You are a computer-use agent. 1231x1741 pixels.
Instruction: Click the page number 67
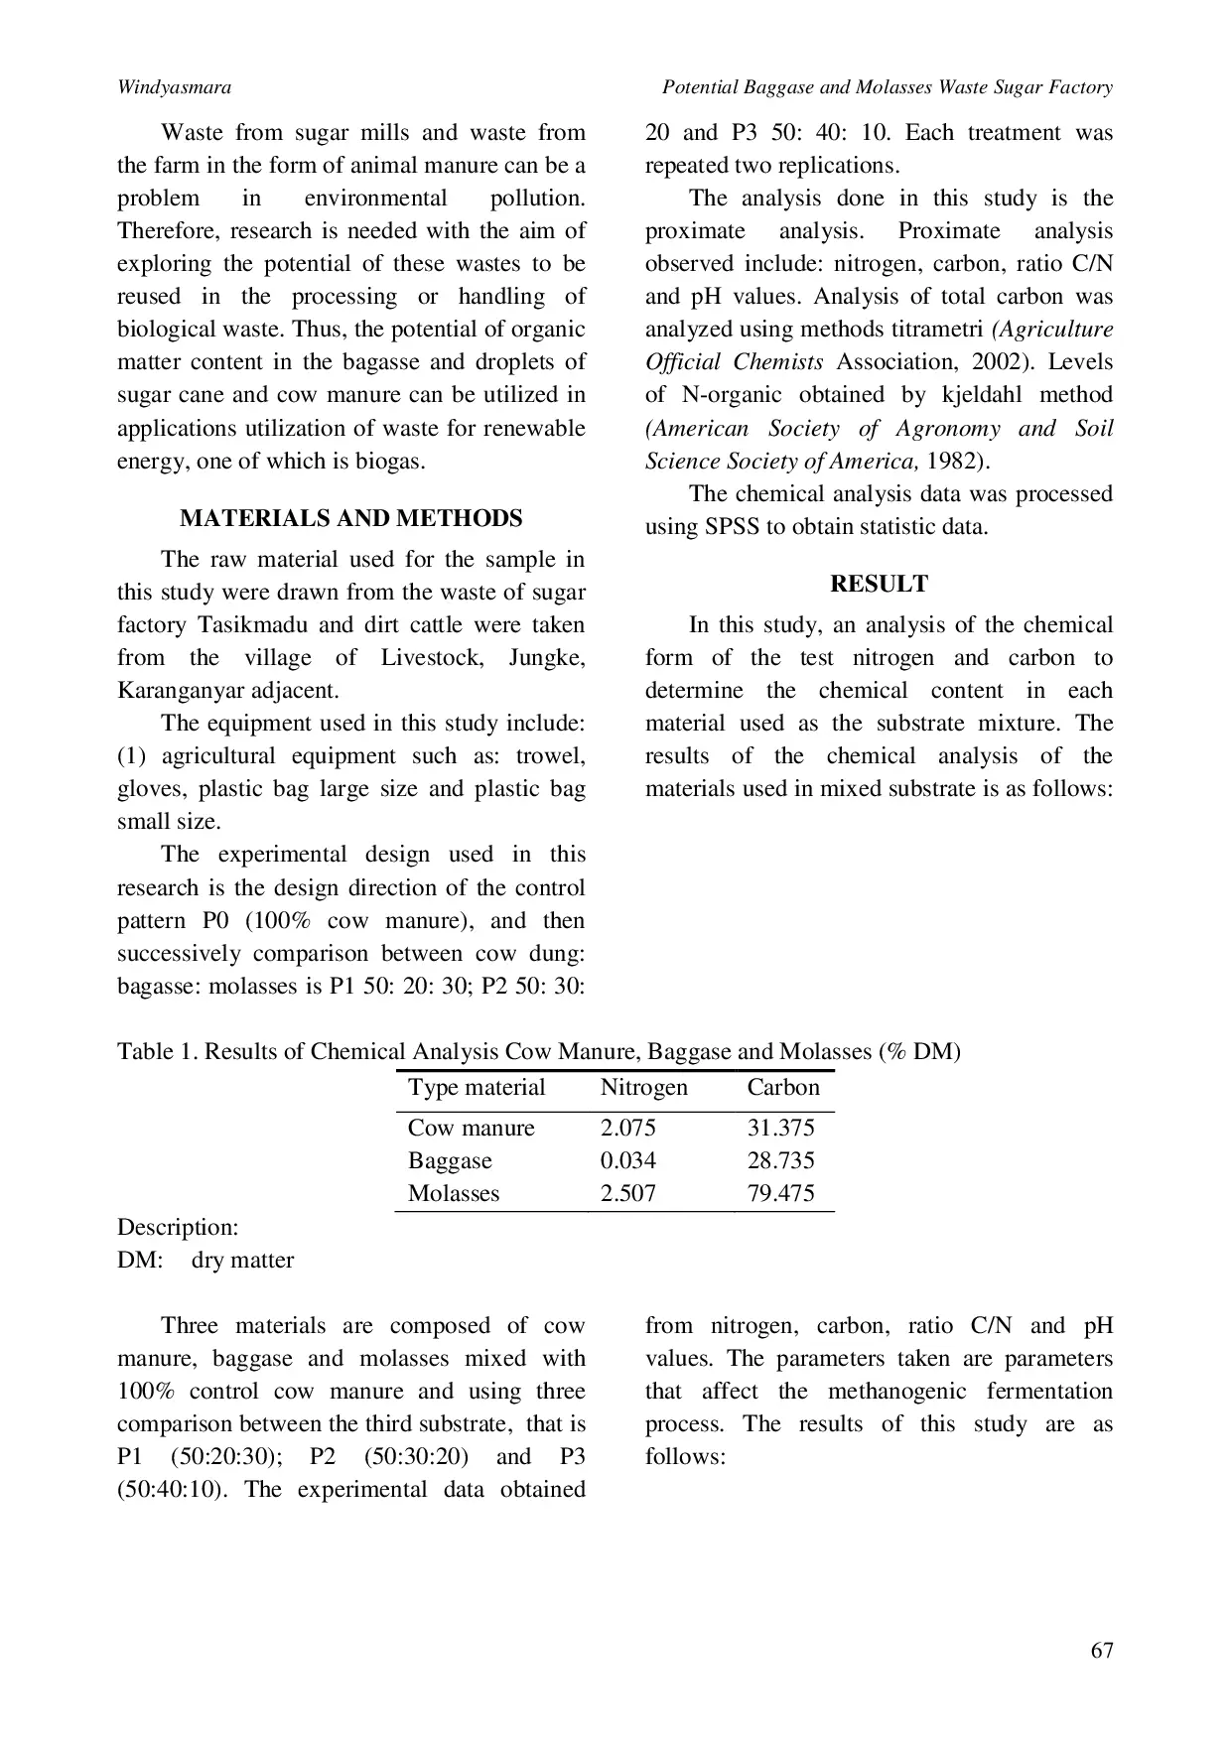pyautogui.click(x=1101, y=1650)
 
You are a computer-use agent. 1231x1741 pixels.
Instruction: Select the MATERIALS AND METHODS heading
pyautogui.click(x=350, y=518)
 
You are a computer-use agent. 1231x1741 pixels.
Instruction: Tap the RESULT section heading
pyautogui.click(x=879, y=584)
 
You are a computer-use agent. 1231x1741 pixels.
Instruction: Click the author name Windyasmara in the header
pyautogui.click(x=174, y=87)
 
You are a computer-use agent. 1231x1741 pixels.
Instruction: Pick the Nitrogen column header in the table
pyautogui.click(x=643, y=1087)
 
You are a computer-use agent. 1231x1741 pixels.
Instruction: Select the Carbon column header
pyautogui.click(x=783, y=1087)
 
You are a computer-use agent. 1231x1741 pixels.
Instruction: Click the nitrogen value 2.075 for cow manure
pyautogui.click(x=627, y=1128)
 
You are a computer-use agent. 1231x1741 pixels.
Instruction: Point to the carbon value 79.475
pyautogui.click(x=780, y=1193)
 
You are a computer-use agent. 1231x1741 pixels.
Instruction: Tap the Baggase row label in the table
pyautogui.click(x=450, y=1160)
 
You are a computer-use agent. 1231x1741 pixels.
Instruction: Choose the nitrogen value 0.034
pyautogui.click(x=627, y=1160)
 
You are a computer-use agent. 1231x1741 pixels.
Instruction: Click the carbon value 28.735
pyautogui.click(x=780, y=1160)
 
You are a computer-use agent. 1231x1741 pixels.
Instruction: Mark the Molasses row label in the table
pyautogui.click(x=454, y=1193)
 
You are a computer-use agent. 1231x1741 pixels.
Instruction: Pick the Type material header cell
pyautogui.click(x=477, y=1087)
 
